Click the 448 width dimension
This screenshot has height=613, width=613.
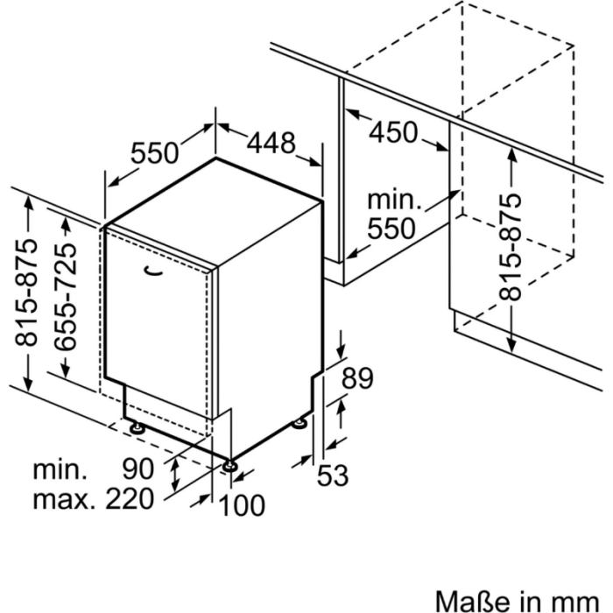tap(271, 143)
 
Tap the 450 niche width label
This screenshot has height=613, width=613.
tap(393, 132)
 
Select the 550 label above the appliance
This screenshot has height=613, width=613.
tap(155, 153)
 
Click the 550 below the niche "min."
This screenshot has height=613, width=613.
tap(391, 229)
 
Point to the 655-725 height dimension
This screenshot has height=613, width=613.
tap(65, 297)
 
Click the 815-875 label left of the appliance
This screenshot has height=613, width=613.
tap(28, 297)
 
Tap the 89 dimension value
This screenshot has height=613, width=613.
tap(356, 379)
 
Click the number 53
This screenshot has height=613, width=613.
tap(333, 476)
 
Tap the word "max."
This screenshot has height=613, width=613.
tap(63, 500)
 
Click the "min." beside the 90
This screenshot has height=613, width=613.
tap(61, 469)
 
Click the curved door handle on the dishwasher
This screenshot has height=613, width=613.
tap(152, 271)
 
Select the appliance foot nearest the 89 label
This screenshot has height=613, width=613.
tap(299, 423)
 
